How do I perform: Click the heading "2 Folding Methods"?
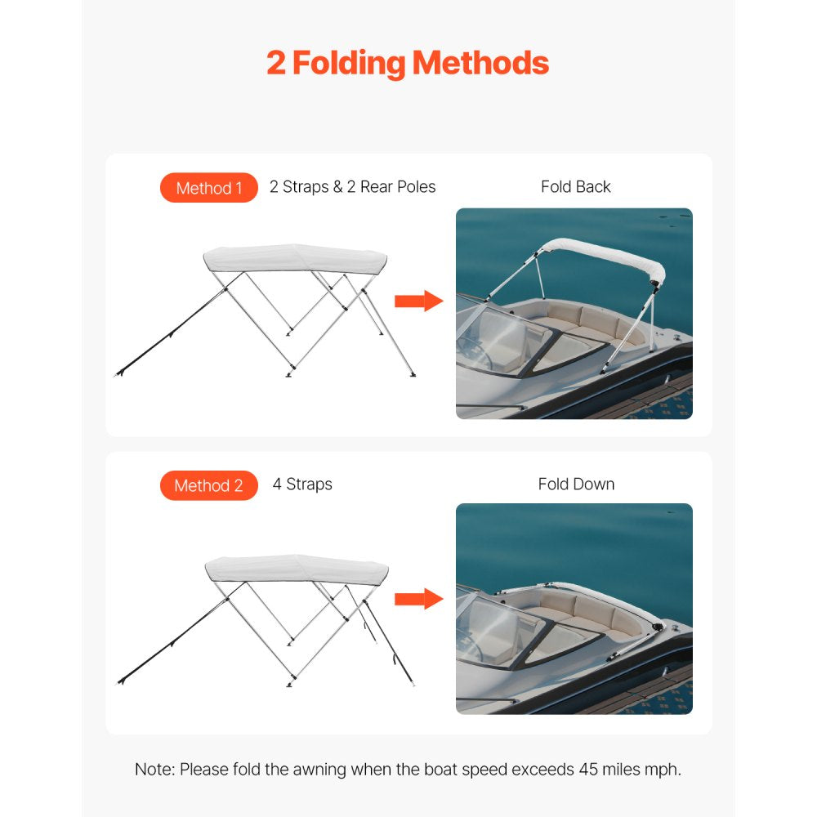[x=408, y=63]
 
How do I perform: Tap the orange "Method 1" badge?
[x=209, y=188]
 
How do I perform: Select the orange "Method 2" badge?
[x=209, y=485]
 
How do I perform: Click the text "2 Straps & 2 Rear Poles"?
[x=352, y=187]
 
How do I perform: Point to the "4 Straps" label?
[x=302, y=484]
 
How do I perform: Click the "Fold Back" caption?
[x=575, y=187]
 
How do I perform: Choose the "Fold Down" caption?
[x=575, y=484]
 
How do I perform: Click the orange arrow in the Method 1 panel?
[x=417, y=301]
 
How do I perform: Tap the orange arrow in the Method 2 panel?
[x=417, y=599]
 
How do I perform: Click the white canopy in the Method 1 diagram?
[x=294, y=258]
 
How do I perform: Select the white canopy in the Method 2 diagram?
[x=296, y=569]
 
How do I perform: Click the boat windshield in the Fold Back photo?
[x=498, y=339]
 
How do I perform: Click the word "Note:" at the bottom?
[x=154, y=770]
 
